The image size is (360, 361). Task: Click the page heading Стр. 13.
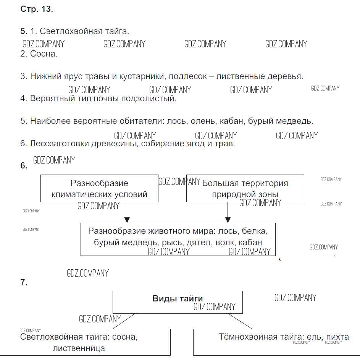click(36, 10)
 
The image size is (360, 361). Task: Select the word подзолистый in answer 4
click(154, 99)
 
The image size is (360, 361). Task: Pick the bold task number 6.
click(24, 166)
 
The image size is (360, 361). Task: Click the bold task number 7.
click(24, 283)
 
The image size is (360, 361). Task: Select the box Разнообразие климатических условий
click(99, 188)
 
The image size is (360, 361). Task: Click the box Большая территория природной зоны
click(245, 188)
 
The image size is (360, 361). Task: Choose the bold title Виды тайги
click(178, 299)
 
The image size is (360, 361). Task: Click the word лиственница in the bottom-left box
click(79, 348)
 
